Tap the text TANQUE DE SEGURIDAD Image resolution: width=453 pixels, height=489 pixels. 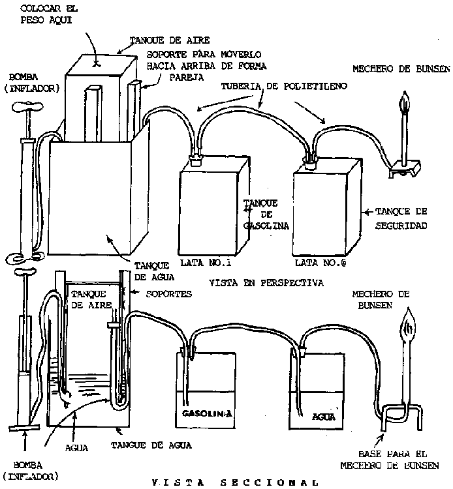tap(401, 218)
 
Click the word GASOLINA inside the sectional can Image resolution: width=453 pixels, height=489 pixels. tap(202, 415)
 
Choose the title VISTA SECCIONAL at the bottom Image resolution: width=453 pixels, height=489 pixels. tap(234, 482)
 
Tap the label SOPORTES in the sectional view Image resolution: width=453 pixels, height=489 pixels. tap(168, 294)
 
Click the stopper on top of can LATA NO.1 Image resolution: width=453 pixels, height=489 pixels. tap(194, 158)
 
